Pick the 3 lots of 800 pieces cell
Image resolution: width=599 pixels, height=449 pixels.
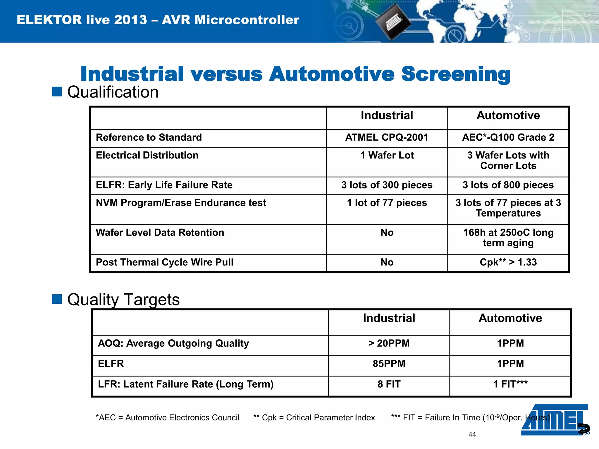tap(508, 185)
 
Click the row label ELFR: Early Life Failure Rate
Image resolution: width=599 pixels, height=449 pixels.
tap(164, 185)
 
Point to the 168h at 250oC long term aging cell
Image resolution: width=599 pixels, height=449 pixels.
tap(508, 238)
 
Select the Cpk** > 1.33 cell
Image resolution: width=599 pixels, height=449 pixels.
tap(508, 262)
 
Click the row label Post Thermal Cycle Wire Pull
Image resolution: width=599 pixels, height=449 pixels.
tap(165, 262)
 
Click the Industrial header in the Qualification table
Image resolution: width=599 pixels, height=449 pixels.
tap(387, 115)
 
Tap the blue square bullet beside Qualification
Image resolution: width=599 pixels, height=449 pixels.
tap(57, 91)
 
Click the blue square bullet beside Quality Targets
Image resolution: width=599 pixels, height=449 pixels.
tap(57, 299)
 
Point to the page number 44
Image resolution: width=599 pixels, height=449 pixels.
tap(472, 434)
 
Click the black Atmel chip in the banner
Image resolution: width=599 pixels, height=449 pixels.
tap(393, 24)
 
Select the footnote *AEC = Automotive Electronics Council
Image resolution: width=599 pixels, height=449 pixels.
tap(168, 418)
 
